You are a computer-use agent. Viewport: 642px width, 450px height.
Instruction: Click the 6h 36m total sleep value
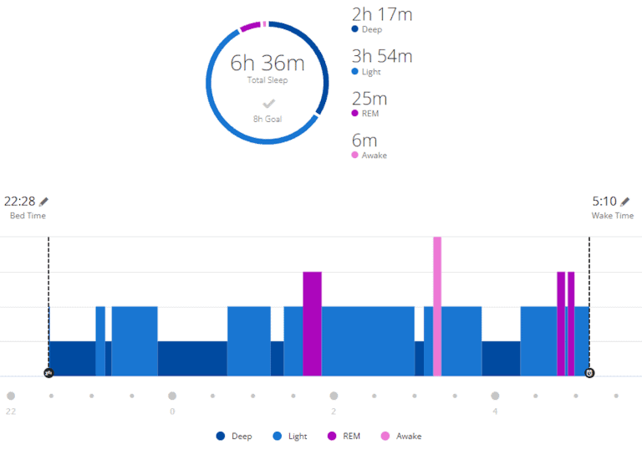point(267,63)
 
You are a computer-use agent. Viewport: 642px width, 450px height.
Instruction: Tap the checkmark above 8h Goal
point(268,104)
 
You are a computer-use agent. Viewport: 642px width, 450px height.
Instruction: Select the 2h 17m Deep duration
point(382,14)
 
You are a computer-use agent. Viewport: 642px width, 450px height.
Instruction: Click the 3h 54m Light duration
point(382,56)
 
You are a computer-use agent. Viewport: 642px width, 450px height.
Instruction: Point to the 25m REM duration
point(369,98)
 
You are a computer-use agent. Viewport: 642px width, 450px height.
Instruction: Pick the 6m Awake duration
point(364,140)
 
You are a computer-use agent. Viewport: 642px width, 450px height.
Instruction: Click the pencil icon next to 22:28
point(44,201)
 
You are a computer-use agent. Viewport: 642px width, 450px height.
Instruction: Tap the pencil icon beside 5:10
point(626,201)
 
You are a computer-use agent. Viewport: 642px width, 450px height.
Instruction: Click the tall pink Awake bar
point(437,305)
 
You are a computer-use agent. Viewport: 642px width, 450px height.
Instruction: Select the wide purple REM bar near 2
point(312,323)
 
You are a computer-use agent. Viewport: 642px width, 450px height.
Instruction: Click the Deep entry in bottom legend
point(235,436)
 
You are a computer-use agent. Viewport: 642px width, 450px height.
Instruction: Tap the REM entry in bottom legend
point(344,436)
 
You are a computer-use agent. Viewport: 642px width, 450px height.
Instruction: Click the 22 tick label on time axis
point(11,411)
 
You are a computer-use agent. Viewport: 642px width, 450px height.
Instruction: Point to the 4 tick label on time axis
point(495,411)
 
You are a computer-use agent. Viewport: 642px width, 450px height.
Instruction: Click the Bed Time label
point(28,216)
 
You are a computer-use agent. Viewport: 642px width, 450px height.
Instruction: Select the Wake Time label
point(613,216)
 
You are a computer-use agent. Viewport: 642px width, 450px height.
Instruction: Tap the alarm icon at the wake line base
point(589,373)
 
